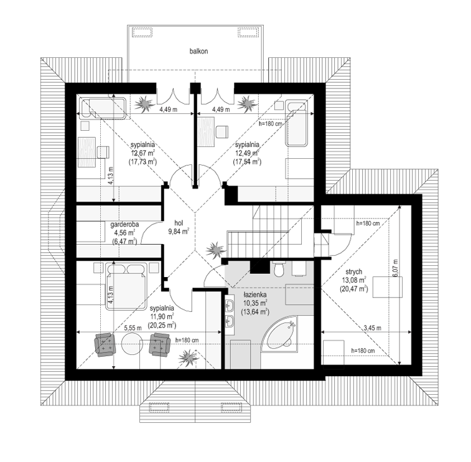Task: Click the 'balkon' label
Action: click(x=198, y=52)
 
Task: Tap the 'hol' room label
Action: click(x=179, y=223)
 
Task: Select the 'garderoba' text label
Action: click(x=124, y=224)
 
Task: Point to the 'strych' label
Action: click(x=353, y=271)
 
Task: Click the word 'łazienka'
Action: click(x=254, y=295)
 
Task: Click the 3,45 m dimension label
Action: click(x=373, y=328)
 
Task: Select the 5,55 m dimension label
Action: click(x=133, y=328)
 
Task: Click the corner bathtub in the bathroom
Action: click(x=279, y=334)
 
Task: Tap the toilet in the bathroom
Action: click(x=279, y=269)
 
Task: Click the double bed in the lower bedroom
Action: click(x=126, y=286)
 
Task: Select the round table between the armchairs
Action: click(x=133, y=344)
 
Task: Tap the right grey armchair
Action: click(x=160, y=344)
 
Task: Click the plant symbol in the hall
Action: click(x=215, y=250)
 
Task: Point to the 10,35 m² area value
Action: click(x=254, y=303)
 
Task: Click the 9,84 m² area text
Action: click(x=179, y=231)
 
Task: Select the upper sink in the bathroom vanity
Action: click(x=230, y=305)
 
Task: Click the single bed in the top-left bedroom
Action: click(x=103, y=108)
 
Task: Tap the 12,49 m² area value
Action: click(x=247, y=153)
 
